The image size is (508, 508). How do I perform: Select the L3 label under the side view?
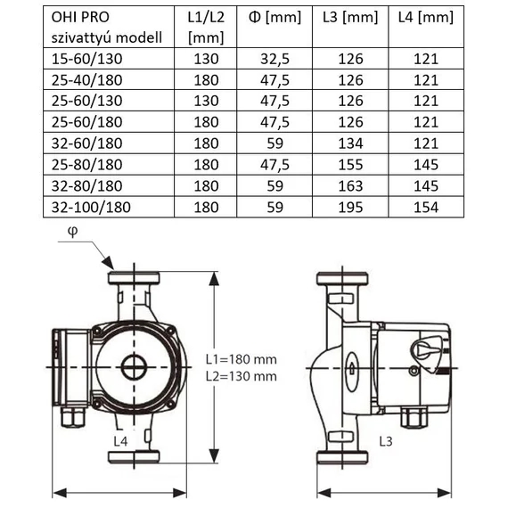coord(384,441)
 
